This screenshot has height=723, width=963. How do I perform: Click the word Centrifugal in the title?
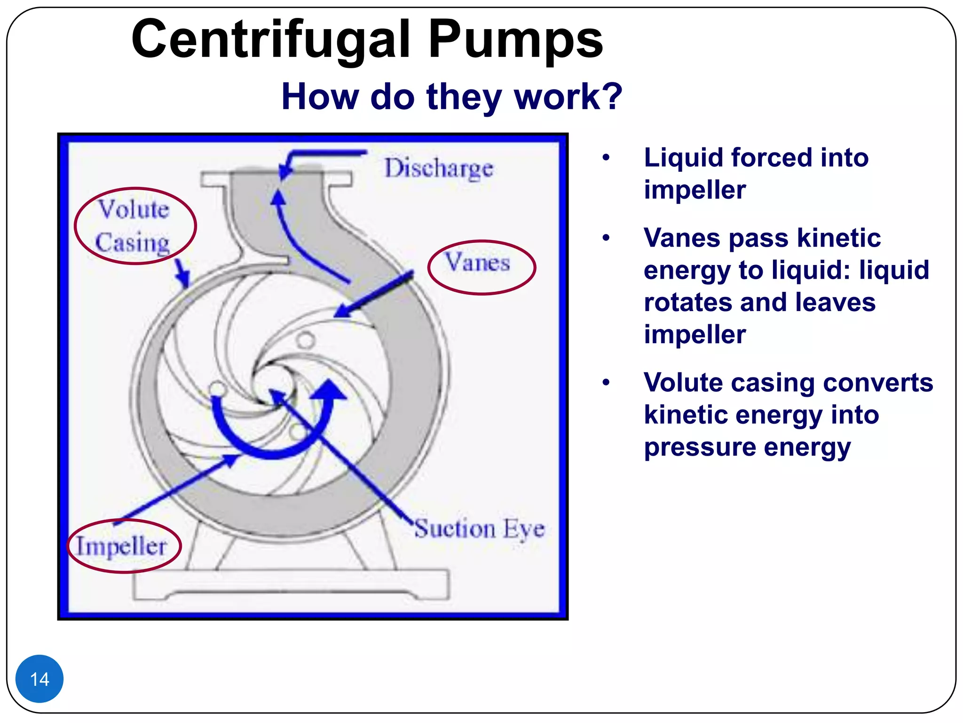(271, 40)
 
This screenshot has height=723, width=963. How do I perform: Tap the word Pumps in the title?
(515, 40)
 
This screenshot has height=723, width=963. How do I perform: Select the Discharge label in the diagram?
(439, 168)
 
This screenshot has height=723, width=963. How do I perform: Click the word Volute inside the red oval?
(134, 209)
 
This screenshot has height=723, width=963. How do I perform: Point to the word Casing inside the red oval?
(132, 243)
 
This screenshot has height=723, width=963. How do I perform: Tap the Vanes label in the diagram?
(478, 263)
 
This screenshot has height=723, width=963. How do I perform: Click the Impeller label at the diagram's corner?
(121, 546)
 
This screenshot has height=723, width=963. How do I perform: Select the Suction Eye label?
(479, 528)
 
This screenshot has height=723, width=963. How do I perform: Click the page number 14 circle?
(39, 679)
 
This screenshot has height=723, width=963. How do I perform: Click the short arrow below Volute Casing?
(182, 273)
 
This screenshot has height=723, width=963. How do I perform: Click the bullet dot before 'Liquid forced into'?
(606, 158)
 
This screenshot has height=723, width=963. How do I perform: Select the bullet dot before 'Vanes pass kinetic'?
(606, 238)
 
